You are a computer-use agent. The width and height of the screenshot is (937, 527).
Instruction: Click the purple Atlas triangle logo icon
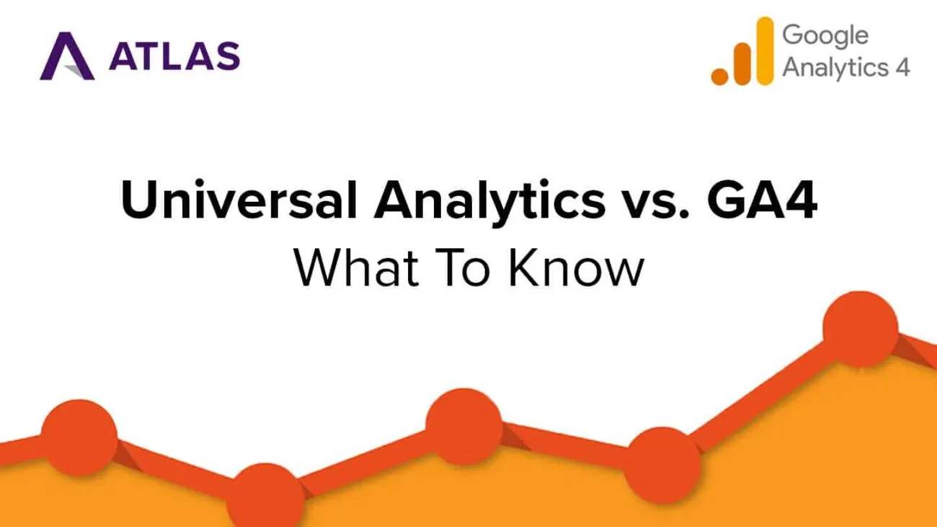pyautogui.click(x=67, y=56)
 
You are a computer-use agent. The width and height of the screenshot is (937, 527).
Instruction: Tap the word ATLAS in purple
pyautogui.click(x=174, y=56)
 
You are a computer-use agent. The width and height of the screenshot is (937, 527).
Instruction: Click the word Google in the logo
pyautogui.click(x=825, y=36)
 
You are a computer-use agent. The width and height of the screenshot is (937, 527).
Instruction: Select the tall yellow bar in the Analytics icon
pyautogui.click(x=765, y=51)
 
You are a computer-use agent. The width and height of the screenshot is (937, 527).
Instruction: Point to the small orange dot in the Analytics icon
pyautogui.click(x=720, y=76)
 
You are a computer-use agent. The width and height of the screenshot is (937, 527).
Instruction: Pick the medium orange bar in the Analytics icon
pyautogui.click(x=742, y=64)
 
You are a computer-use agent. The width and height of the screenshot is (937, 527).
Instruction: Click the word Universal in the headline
pyautogui.click(x=239, y=199)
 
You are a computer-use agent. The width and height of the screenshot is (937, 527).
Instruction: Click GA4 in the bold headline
pyautogui.click(x=762, y=200)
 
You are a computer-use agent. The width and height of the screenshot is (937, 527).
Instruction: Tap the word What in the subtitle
pyautogui.click(x=356, y=267)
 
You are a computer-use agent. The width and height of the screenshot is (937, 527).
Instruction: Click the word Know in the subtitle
pyautogui.click(x=576, y=267)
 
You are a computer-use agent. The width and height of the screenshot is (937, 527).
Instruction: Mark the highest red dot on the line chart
pyautogui.click(x=861, y=329)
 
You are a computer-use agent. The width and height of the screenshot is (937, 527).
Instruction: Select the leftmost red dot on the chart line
pyautogui.click(x=79, y=438)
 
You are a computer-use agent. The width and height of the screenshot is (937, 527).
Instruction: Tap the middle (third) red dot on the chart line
pyautogui.click(x=464, y=427)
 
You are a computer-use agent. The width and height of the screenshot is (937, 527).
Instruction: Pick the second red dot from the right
pyautogui.click(x=662, y=465)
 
